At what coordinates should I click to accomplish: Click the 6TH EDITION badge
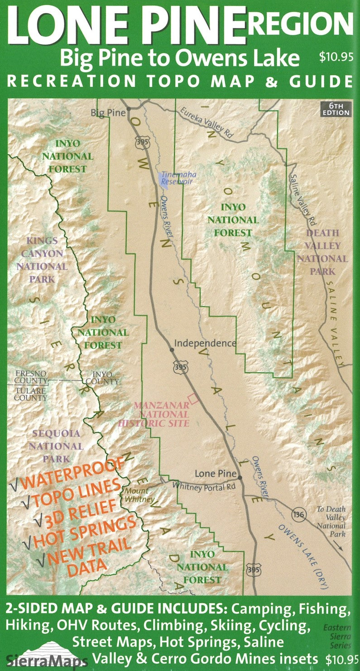[x=336, y=109]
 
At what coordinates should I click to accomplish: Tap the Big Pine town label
[x=108, y=112]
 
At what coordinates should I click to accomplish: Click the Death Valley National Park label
[x=322, y=252]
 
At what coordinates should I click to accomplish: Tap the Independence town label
[x=205, y=343]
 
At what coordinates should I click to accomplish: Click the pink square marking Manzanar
[x=194, y=398]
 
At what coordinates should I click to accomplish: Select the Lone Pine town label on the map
[x=216, y=474]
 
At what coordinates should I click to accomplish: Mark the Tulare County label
[x=30, y=394]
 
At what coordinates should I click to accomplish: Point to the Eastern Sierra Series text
[x=337, y=636]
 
